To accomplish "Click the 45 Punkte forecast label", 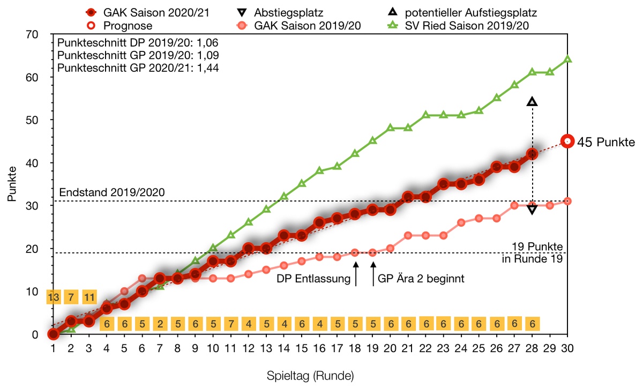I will tap(606, 142).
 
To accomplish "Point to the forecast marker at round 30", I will tap(567, 141).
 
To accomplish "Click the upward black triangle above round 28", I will tap(532, 102).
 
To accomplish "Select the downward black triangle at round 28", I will tap(532, 209).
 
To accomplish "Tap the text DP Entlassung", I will tap(313, 279).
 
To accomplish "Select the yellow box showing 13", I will tap(54, 296).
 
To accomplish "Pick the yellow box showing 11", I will tap(89, 296).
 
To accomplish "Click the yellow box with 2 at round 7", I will tap(160, 324).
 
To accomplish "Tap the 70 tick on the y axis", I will tap(41, 34).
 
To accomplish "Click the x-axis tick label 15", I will tap(302, 348).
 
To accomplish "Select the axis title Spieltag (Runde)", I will tap(310, 376).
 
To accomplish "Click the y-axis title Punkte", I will tap(12, 184).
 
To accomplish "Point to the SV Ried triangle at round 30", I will tap(567, 59).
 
